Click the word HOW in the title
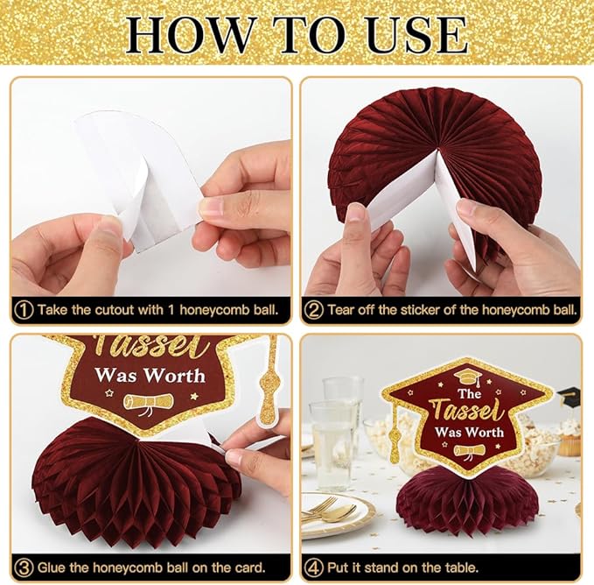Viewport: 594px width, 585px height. (189, 35)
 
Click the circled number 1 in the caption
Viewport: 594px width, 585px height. (24, 310)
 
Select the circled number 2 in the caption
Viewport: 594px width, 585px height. (314, 310)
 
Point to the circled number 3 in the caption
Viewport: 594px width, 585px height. (24, 568)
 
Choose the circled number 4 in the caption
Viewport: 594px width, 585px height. (314, 568)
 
